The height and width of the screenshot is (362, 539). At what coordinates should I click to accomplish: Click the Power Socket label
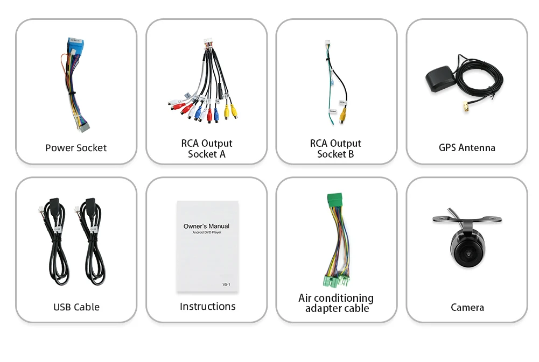(x=76, y=148)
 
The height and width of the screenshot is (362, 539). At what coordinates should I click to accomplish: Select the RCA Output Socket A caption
(x=207, y=149)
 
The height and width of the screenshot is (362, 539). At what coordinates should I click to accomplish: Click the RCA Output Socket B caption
(x=335, y=149)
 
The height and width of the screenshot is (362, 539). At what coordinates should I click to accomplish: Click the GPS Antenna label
(x=467, y=148)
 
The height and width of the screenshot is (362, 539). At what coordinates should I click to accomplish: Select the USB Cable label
(x=76, y=307)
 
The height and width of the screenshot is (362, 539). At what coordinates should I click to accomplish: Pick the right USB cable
(x=92, y=242)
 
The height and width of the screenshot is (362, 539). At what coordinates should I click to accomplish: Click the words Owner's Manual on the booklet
(x=206, y=226)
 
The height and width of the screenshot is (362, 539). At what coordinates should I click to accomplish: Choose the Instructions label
(x=207, y=307)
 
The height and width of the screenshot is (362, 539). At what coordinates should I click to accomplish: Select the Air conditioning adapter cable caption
(x=336, y=303)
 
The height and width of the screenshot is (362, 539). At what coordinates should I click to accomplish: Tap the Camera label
(x=467, y=308)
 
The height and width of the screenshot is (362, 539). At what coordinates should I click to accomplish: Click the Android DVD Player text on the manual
(x=206, y=232)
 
